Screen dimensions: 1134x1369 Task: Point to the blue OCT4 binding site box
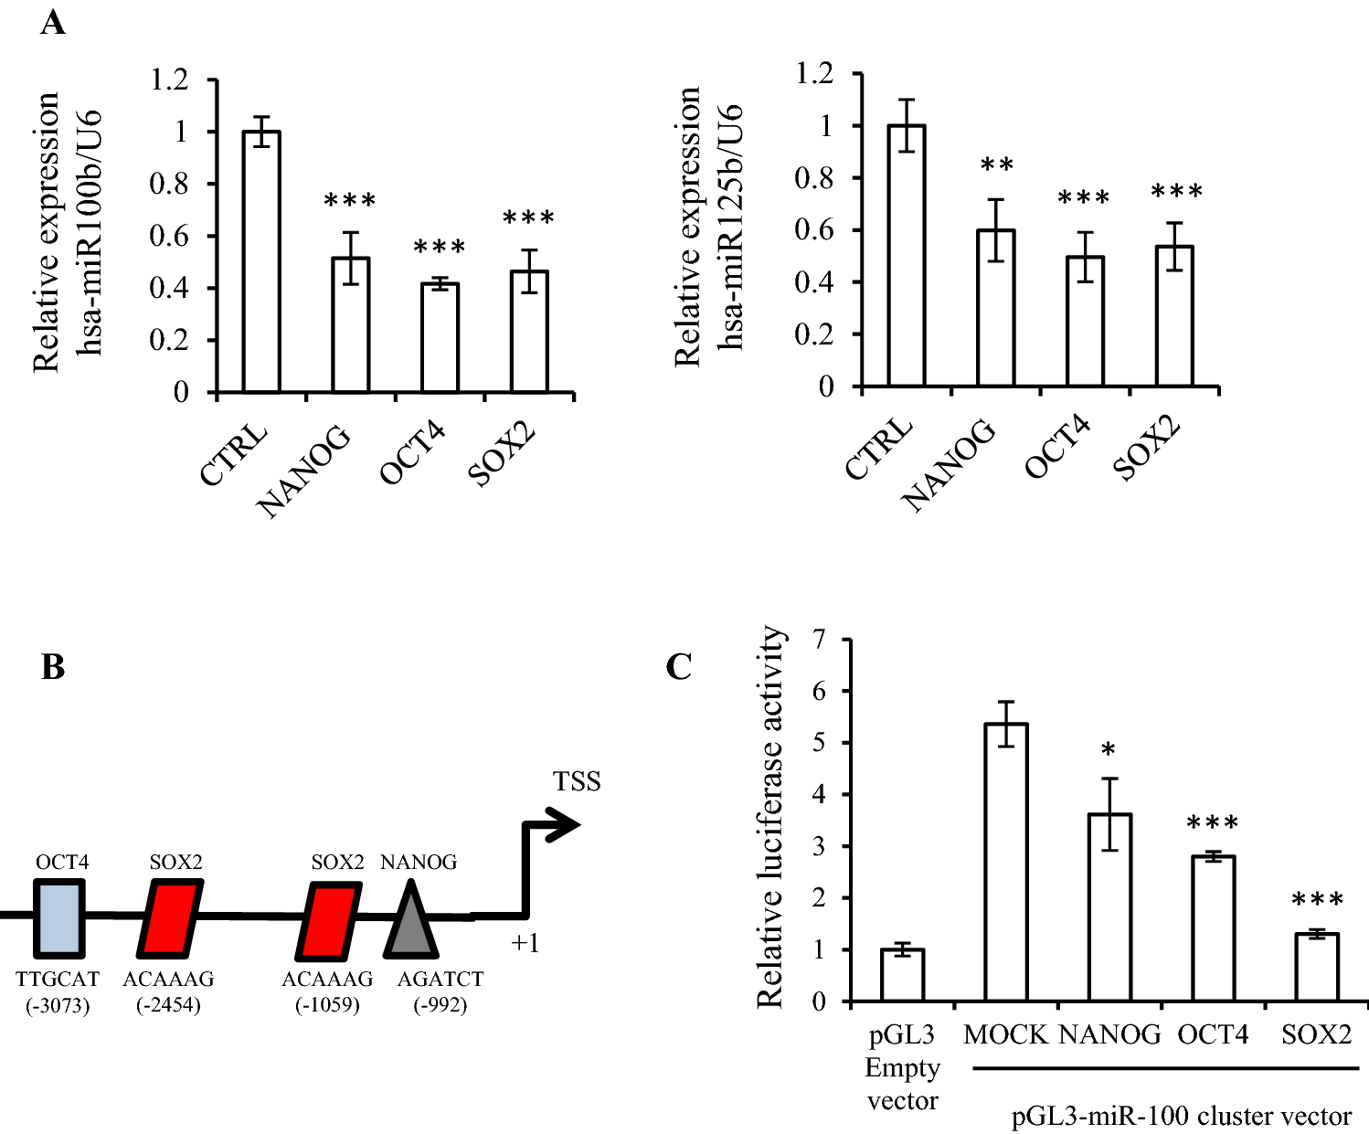58,916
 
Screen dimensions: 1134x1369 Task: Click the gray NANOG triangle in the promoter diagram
411,923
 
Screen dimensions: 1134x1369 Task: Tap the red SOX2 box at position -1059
330,920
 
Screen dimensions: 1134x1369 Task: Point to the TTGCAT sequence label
58,980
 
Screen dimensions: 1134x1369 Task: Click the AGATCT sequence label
440,980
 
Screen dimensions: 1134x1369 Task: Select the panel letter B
53,667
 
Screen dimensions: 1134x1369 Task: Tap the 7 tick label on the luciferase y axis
818,640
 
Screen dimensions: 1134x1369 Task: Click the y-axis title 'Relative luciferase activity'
769,816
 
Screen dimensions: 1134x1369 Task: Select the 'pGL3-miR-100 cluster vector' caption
1181,1116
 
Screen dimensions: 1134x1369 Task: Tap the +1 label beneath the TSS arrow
525,943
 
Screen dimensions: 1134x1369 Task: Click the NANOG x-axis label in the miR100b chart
304,472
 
